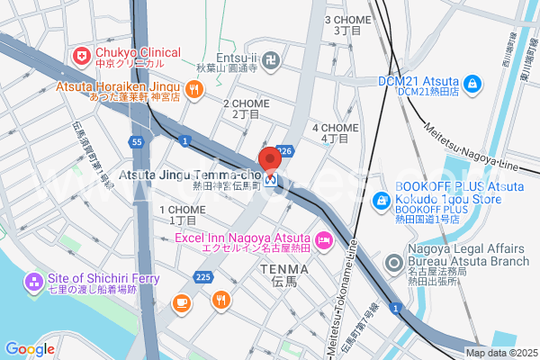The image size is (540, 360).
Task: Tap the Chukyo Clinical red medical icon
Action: click(83, 56)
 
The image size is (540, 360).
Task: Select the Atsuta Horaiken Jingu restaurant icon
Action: click(195, 89)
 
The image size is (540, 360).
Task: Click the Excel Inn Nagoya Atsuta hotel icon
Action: click(324, 240)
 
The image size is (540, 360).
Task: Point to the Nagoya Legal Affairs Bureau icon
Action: click(393, 264)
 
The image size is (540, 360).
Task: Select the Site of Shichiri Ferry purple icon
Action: click(34, 283)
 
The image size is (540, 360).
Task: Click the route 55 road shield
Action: click(136, 142)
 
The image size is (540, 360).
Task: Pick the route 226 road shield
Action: click(285, 151)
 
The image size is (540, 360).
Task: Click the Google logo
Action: click(30, 349)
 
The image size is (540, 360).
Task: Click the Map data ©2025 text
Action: click(500, 353)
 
